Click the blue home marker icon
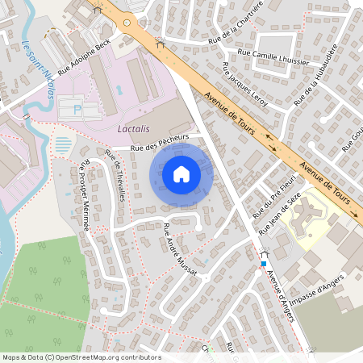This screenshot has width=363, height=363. (x=181, y=173)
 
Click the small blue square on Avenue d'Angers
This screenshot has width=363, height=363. (x=263, y=264)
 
